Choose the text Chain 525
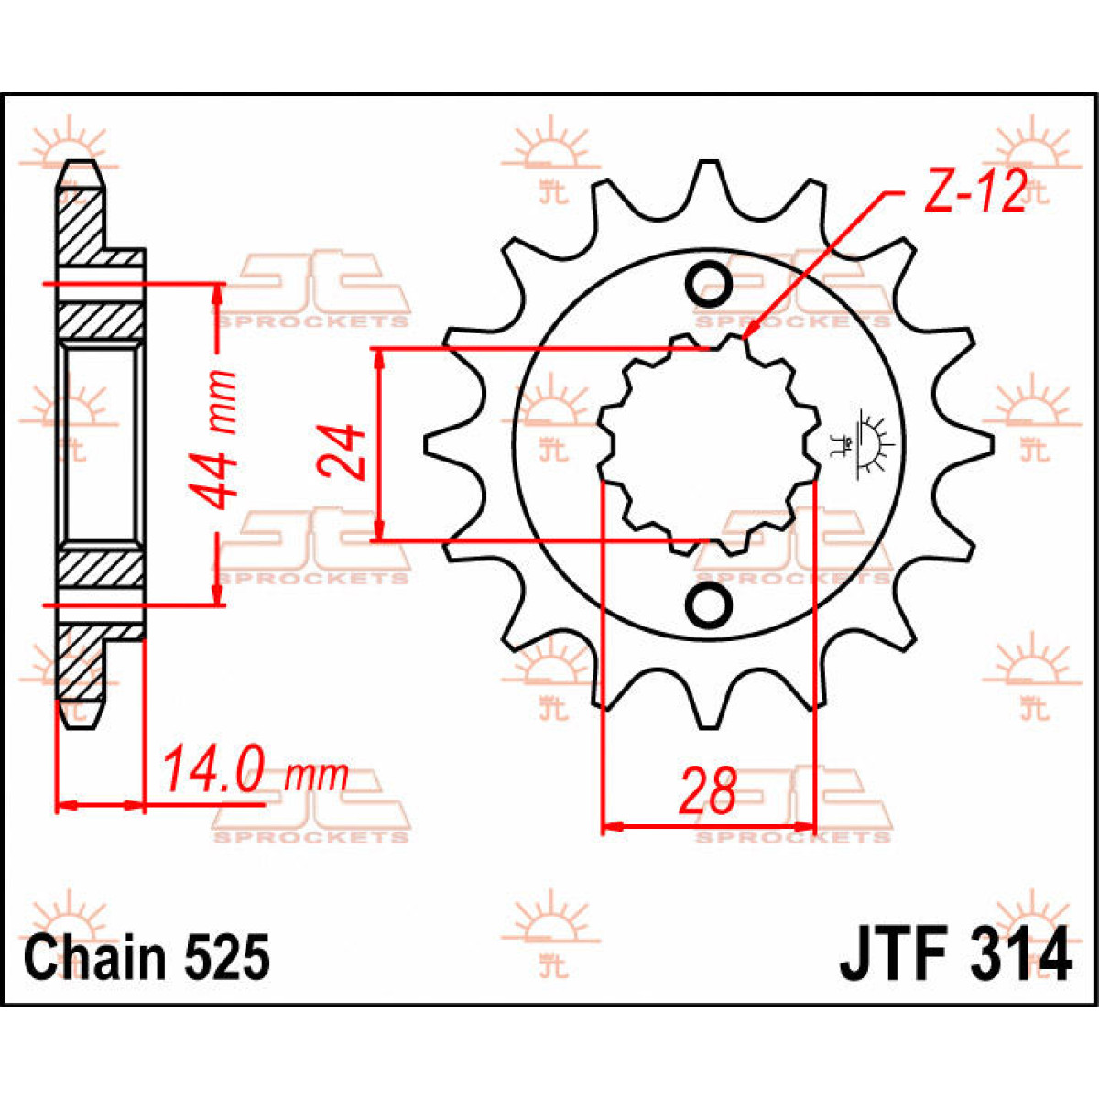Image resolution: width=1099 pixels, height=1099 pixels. pos(147,958)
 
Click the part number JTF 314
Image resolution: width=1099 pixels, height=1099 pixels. pos(954,955)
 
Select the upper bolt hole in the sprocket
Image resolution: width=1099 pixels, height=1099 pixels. pos(710,283)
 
